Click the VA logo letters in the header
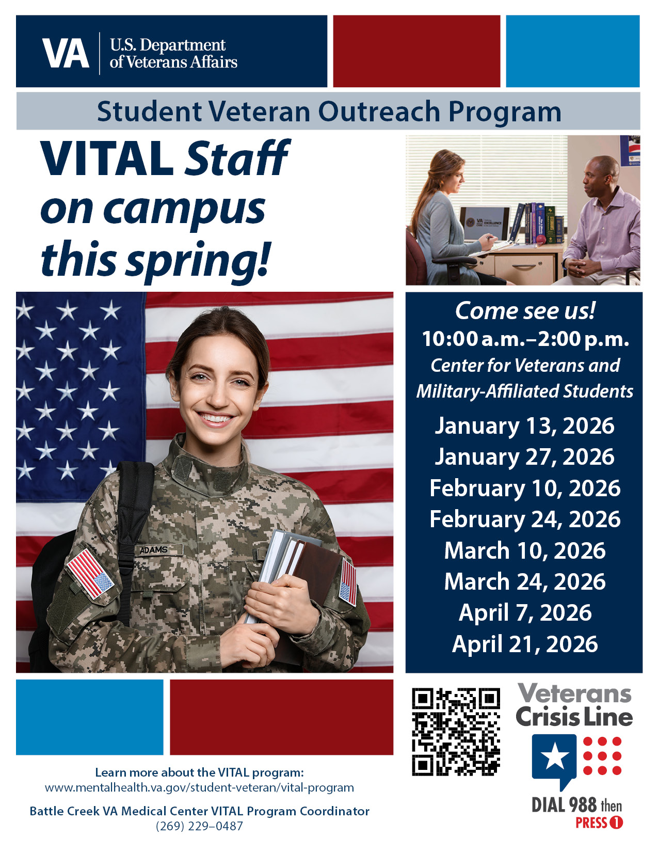pos(66,53)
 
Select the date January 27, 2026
pos(524,457)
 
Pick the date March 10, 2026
pos(524,550)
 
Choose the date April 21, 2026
pos(524,644)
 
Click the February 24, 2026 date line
pos(524,519)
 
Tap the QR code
pos(456,731)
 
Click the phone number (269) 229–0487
pos(199,826)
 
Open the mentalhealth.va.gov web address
pos(199,788)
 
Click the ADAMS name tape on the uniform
pos(154,550)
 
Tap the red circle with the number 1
pos(616,823)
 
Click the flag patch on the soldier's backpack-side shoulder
pos(90,573)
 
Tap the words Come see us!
pos(525,311)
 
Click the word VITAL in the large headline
pos(107,158)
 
